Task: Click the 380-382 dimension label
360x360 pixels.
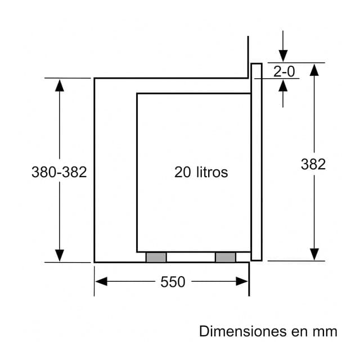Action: click(x=59, y=172)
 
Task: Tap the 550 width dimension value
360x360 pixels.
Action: click(x=173, y=282)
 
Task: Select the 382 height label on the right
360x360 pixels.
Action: click(x=313, y=164)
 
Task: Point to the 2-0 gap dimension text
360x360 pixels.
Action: click(x=284, y=71)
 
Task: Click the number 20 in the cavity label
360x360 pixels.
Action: click(x=183, y=172)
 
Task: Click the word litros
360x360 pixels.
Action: click(x=213, y=172)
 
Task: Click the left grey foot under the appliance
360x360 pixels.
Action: click(x=156, y=257)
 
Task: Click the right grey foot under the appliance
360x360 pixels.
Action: click(x=225, y=257)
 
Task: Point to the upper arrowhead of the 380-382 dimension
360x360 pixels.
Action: click(x=59, y=84)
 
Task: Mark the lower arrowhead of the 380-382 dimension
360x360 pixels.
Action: click(x=59, y=255)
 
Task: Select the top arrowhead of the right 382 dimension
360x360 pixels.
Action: click(x=314, y=69)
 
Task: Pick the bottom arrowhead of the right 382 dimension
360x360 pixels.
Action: click(x=314, y=254)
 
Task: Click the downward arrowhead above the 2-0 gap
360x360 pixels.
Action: click(x=283, y=56)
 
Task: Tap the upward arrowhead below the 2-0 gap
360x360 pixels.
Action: click(x=283, y=85)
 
